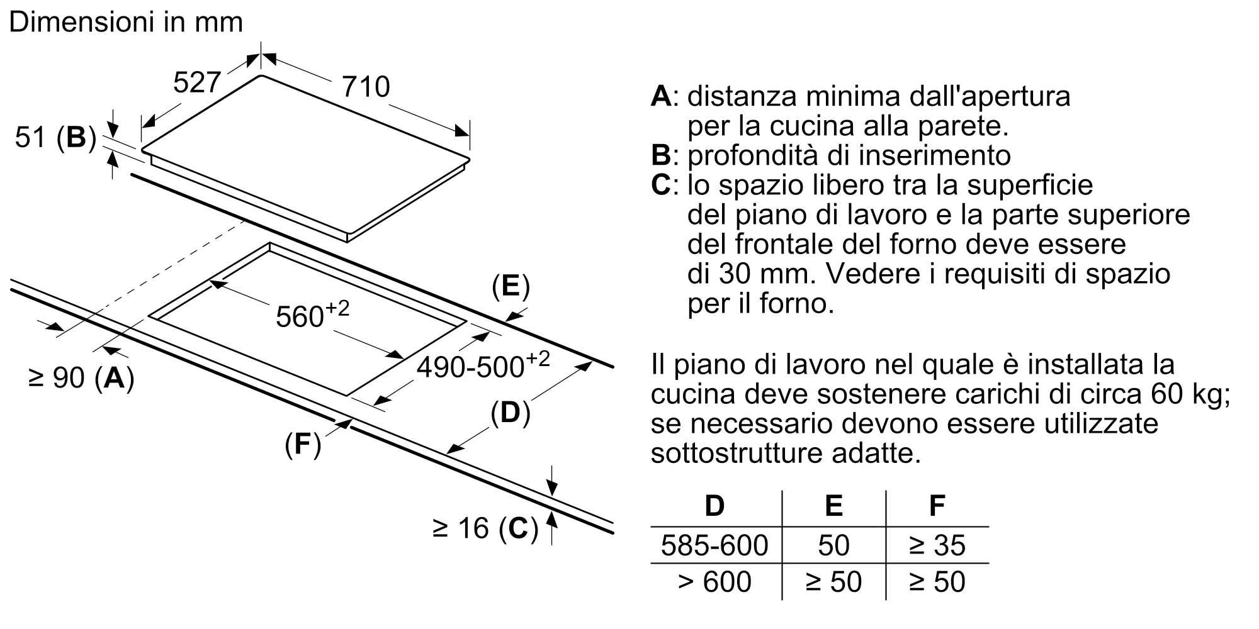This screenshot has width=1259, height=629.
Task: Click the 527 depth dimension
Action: pos(196,82)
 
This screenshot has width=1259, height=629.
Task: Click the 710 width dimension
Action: pos(366,87)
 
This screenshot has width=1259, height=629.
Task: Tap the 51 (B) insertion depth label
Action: pos(55,137)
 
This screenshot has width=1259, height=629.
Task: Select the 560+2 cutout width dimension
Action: pos(312,314)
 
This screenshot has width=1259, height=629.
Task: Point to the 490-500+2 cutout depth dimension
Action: pos(483,365)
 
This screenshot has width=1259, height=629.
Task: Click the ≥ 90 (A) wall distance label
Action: pos(82,377)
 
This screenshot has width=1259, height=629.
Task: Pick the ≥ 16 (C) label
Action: pos(485,528)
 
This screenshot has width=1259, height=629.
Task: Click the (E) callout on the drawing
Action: pos(511,287)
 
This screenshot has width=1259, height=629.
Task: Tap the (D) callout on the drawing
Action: pos(510,413)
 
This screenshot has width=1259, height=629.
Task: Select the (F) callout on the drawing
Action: pos(303,445)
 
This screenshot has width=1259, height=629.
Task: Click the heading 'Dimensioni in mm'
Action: pos(126,23)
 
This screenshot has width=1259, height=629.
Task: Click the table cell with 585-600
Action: pos(714,545)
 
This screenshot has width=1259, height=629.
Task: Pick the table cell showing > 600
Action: pos(714,582)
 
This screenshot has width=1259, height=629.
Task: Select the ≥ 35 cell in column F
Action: pos(937,545)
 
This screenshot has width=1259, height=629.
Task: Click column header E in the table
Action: pos(833,506)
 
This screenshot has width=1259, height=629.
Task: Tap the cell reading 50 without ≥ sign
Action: pos(833,545)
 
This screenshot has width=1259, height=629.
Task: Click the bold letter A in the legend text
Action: pos(661,96)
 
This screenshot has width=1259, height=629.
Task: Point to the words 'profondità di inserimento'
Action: pos(849,155)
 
